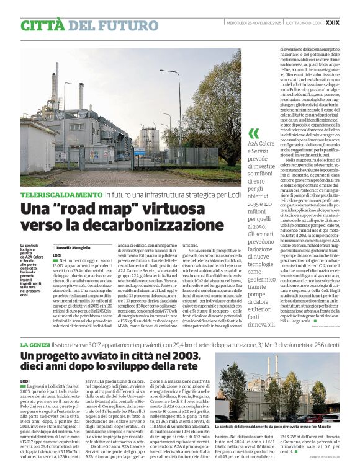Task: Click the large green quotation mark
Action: [x=253, y=133]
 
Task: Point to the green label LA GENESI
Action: [x=35, y=344]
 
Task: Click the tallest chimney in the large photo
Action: [x=56, y=87]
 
